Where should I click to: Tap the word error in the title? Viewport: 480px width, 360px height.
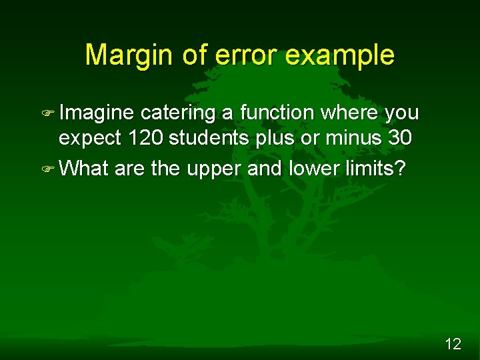tap(243, 55)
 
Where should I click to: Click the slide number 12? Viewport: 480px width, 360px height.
tap(453, 344)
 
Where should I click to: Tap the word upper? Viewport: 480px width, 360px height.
tap(214, 169)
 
